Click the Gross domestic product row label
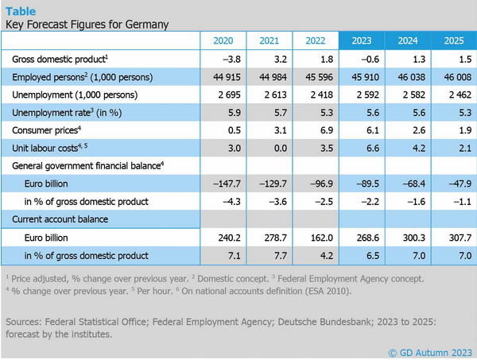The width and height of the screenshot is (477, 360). tap(60, 60)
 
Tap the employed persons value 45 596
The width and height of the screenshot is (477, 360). tap(315, 77)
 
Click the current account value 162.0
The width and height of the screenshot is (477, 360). tap(315, 237)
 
